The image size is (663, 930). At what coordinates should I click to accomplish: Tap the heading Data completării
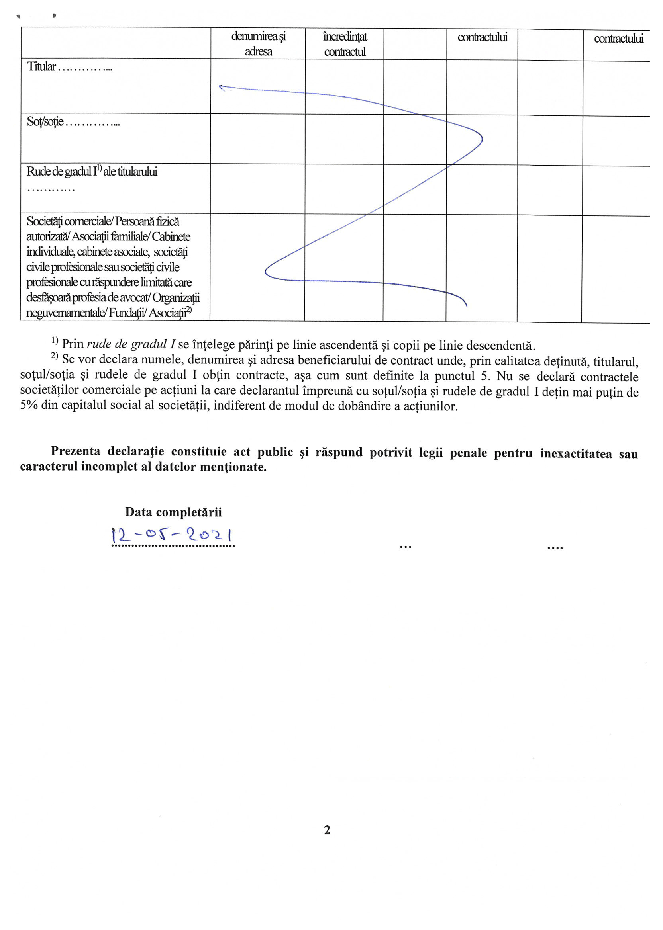173,512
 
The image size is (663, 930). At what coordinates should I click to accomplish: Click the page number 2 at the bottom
327,830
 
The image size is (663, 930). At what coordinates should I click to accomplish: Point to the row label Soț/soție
45,121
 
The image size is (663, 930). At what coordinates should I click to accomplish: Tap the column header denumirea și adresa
259,44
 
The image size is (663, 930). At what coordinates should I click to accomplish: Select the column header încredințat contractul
345,44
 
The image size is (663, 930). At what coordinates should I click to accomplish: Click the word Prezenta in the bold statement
76,451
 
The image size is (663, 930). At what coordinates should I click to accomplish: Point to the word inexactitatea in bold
576,453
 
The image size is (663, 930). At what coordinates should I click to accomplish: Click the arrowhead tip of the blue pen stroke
220,86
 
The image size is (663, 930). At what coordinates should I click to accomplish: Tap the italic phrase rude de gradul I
131,344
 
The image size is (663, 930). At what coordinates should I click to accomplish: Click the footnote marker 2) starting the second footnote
55,356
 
